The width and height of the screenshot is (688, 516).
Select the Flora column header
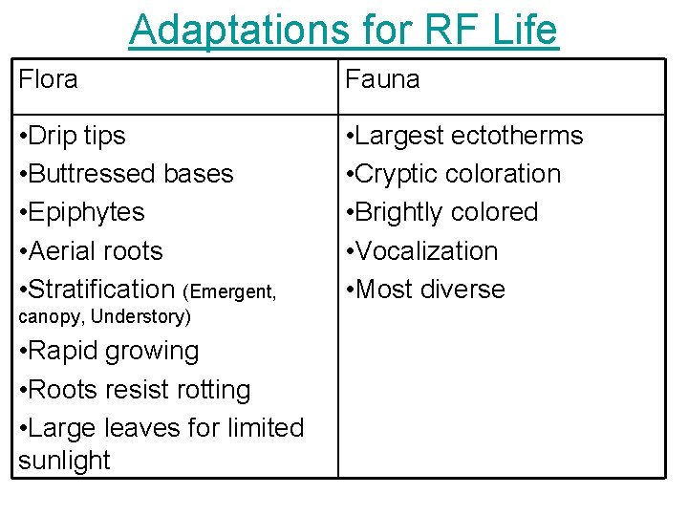pos(48,79)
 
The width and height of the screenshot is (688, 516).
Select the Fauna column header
pos(382,79)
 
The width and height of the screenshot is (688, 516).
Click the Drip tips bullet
pos(72,136)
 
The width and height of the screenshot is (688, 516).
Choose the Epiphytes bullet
pos(81,212)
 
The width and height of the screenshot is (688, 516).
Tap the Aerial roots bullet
pos(91,251)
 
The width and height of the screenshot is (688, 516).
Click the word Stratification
pos(101,289)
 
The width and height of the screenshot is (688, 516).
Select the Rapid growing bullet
pos(109,351)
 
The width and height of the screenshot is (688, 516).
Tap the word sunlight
pos(64,461)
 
